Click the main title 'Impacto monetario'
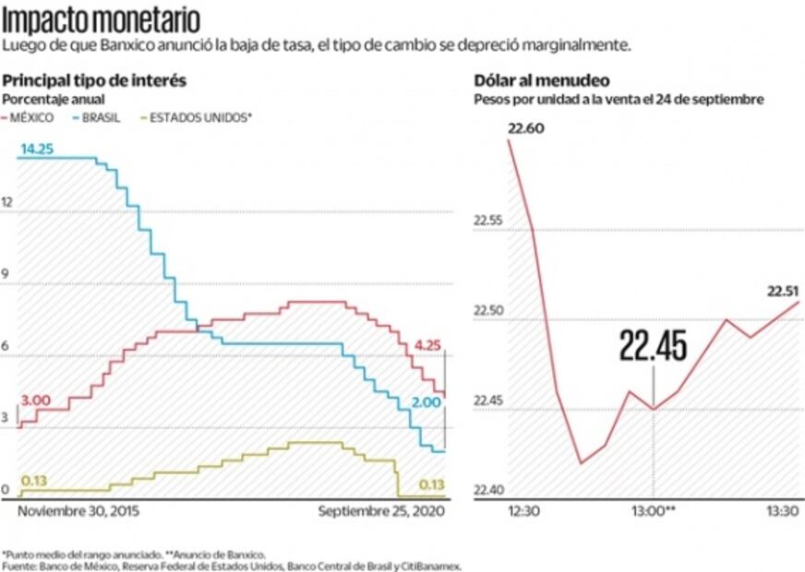tap(101, 19)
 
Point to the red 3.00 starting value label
tap(35, 400)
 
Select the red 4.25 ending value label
tap(428, 345)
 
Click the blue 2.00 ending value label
tap(426, 403)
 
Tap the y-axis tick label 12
tap(8, 202)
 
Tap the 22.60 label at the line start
tap(524, 130)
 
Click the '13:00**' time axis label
tap(654, 511)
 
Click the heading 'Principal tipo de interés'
tap(94, 81)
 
